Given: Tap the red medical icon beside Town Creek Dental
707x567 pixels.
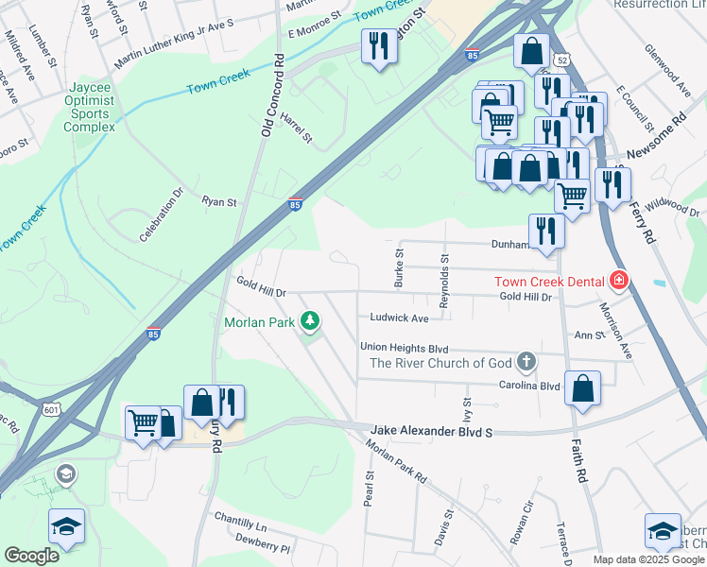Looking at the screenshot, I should coord(619,280).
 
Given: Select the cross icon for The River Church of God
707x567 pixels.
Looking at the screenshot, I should coord(526,362).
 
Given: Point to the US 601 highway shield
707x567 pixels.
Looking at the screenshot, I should coord(50,407).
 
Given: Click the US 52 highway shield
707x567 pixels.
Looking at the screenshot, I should coord(562,60).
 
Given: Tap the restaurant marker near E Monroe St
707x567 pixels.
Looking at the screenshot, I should coord(379,46).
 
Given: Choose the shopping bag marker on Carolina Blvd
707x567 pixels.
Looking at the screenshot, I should coord(583,387).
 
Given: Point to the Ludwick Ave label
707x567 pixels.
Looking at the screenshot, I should coord(399,318).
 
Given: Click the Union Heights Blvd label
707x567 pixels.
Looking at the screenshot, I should coord(404,347).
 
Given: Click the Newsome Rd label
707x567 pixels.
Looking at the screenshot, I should coord(653,136).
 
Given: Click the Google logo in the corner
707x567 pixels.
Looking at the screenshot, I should coord(31,556).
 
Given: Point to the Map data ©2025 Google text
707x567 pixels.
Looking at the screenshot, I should coord(649,559).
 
